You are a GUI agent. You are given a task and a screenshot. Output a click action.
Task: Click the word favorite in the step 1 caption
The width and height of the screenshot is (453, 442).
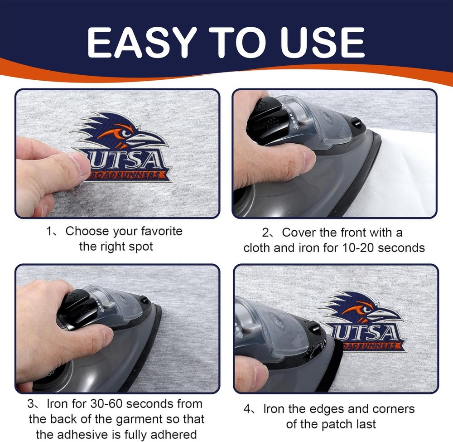[x=162, y=231]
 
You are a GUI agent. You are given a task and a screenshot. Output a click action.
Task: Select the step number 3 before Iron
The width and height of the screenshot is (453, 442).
[x=31, y=404]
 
